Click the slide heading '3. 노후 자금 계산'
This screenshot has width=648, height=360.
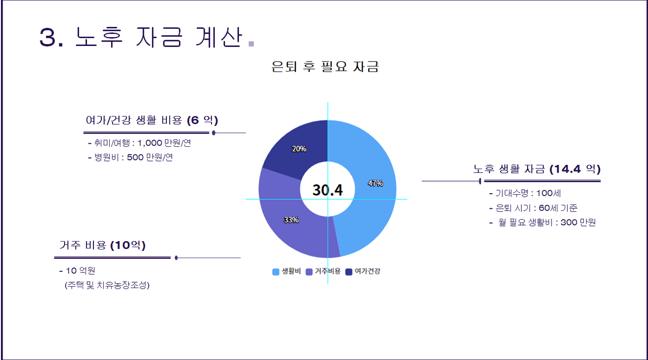tap(140, 37)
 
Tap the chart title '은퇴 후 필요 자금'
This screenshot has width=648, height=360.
tap(325, 67)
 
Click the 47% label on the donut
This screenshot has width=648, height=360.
tap(375, 183)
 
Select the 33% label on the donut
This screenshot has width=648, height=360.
tap(291, 220)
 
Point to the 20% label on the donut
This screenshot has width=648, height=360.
tap(299, 149)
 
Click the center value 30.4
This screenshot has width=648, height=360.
tap(327, 190)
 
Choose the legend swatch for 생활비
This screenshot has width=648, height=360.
tap(276, 271)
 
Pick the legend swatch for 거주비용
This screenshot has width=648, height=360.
tap(309, 271)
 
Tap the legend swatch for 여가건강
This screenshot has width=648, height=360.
tap(349, 271)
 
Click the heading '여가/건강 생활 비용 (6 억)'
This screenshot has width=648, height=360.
tap(152, 120)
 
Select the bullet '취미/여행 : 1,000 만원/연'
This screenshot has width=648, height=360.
tap(139, 143)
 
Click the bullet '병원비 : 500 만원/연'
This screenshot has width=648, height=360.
tap(130, 157)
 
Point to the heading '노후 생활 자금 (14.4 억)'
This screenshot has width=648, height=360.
tap(536, 169)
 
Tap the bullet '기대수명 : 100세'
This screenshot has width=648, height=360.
tap(525, 193)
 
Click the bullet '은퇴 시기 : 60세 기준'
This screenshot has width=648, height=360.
tap(533, 208)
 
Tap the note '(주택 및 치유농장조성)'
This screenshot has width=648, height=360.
tap(107, 285)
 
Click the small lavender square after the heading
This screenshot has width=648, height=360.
tap(252, 44)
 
